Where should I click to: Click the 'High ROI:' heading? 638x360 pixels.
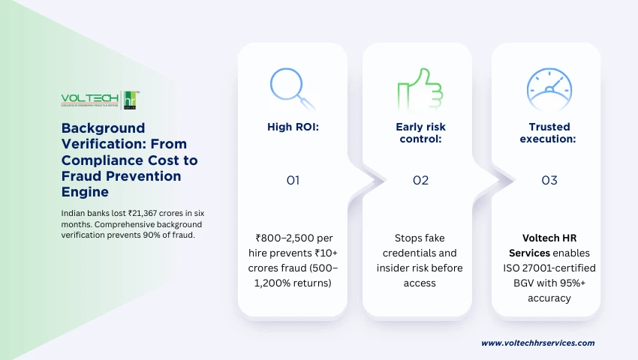click(x=293, y=127)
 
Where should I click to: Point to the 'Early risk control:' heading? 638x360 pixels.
click(x=420, y=133)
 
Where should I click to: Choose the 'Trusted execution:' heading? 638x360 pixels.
click(x=549, y=133)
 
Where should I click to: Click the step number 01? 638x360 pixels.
click(x=293, y=181)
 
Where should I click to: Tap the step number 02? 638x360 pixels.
click(x=420, y=181)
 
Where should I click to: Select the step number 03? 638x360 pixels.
click(x=549, y=181)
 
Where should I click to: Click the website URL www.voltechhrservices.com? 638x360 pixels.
click(x=537, y=343)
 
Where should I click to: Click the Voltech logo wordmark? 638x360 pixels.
click(x=89, y=99)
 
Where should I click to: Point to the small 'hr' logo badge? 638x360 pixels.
click(x=132, y=100)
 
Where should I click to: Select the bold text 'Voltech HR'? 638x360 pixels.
click(x=549, y=238)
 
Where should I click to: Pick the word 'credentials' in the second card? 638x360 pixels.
click(x=420, y=253)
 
